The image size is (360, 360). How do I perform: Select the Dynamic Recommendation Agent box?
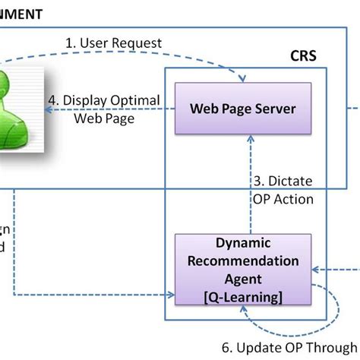click(x=243, y=269)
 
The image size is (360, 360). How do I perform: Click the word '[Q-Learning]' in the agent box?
click(x=243, y=295)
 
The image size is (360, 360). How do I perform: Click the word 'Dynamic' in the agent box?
click(x=243, y=245)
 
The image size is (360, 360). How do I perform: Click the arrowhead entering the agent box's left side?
click(x=171, y=294)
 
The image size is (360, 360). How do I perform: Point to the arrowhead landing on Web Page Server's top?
click(x=244, y=79)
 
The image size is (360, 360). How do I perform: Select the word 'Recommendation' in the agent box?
click(x=243, y=262)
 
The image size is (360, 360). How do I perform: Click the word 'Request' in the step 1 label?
click(x=136, y=43)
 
